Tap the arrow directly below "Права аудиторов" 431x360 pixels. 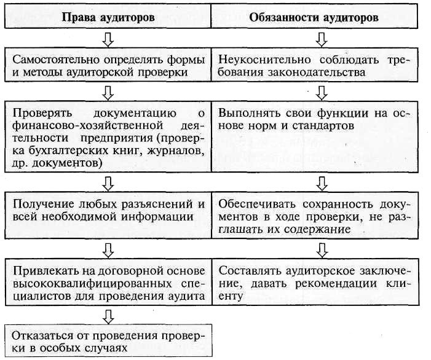coord(108,39)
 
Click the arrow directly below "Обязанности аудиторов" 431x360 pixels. coord(320,39)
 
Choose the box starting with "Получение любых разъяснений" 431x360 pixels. coord(108,211)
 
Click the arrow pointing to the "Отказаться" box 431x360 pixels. coord(108,316)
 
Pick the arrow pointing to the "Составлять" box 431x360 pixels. coord(320,249)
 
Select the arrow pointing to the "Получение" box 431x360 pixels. coord(108,182)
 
